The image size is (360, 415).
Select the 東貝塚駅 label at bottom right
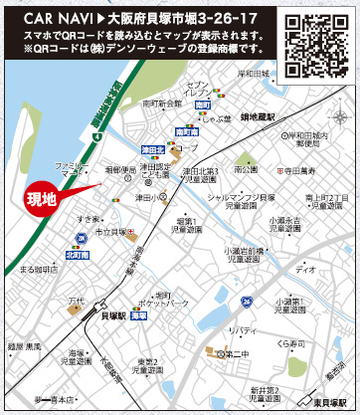[x=328, y=404]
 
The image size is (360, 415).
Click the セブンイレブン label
[x=204, y=89]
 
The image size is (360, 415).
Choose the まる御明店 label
[x=39, y=269]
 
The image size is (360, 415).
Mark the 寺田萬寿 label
[x=296, y=171]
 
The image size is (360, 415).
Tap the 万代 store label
[x=76, y=300]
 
